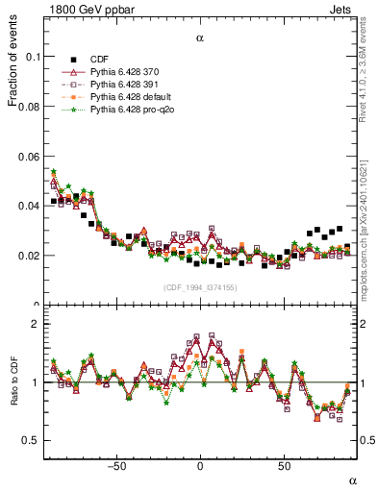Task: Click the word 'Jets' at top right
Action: click(343, 9)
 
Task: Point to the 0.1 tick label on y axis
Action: click(32, 57)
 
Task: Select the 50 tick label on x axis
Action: click(284, 465)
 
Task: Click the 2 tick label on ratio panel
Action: click(35, 325)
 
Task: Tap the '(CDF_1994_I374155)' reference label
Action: click(200, 288)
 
